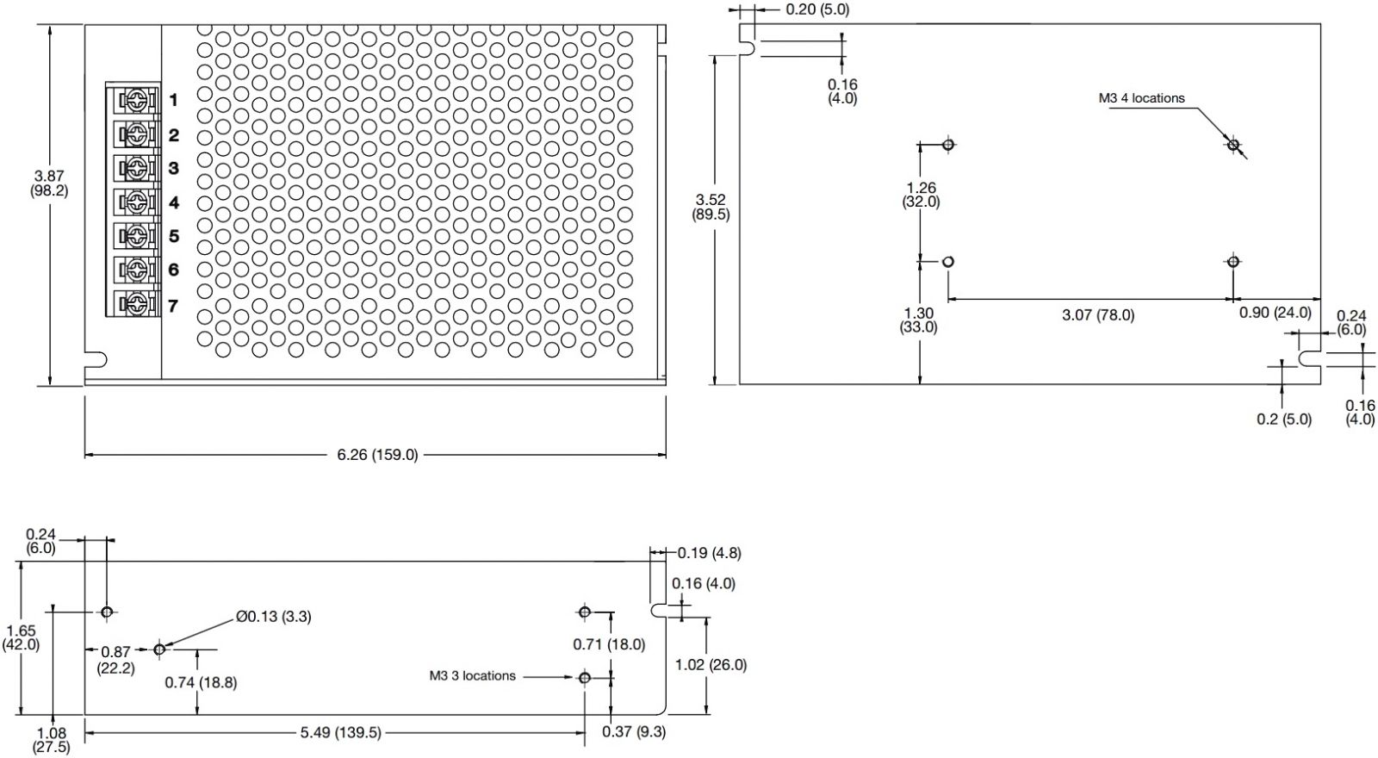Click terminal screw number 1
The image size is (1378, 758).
click(x=135, y=101)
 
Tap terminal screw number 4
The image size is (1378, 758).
click(x=135, y=202)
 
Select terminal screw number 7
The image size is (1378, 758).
click(x=135, y=303)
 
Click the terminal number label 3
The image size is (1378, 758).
click(x=173, y=168)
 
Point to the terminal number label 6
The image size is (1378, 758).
click(x=173, y=270)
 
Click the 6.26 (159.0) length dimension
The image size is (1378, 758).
click(x=377, y=454)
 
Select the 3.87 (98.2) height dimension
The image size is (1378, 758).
click(x=48, y=183)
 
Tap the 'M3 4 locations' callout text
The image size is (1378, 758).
click(x=1141, y=98)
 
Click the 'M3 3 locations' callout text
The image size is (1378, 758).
click(x=472, y=676)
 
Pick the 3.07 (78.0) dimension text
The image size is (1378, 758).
click(x=1097, y=315)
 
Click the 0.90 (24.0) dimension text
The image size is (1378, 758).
click(x=1275, y=313)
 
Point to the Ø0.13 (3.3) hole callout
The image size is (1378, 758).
click(x=273, y=617)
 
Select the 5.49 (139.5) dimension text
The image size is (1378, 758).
click(x=340, y=733)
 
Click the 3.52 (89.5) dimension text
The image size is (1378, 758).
click(x=711, y=208)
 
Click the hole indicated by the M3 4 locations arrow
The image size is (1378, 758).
click(x=1232, y=144)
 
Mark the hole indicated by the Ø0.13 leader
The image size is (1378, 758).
click(x=159, y=649)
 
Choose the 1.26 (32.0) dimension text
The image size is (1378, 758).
click(x=920, y=195)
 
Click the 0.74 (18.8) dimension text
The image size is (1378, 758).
click(x=201, y=683)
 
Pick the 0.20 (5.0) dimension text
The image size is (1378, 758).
click(x=816, y=9)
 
